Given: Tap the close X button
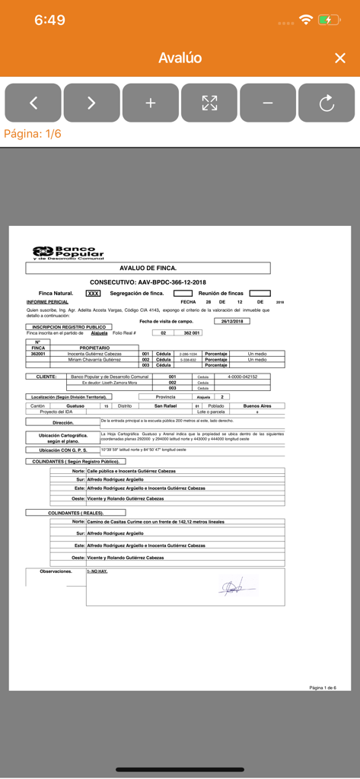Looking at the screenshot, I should click(x=340, y=59).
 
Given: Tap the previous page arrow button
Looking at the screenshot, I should click(x=33, y=103).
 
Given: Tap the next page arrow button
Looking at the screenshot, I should click(x=91, y=103).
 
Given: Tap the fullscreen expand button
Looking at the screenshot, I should click(x=209, y=103).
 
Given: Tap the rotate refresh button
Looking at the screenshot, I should click(x=327, y=103).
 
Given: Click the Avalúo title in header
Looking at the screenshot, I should click(x=180, y=59).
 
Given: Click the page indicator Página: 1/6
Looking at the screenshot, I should click(x=33, y=134).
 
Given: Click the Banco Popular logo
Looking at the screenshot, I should click(x=68, y=253).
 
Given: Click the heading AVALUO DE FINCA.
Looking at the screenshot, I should click(x=148, y=269).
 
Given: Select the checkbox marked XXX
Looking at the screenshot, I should click(x=93, y=293).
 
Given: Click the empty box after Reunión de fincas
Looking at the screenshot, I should click(x=260, y=293).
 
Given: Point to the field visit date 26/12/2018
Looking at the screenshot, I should click(x=231, y=321).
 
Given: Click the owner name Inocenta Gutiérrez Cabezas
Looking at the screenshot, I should click(x=94, y=354).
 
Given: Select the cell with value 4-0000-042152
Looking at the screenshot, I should click(x=242, y=377).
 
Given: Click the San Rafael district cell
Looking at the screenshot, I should click(x=165, y=406).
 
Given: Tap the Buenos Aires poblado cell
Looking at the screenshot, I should click(x=256, y=406).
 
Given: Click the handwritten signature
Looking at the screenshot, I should click(x=233, y=587).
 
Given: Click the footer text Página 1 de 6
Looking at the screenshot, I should click(x=322, y=688).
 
